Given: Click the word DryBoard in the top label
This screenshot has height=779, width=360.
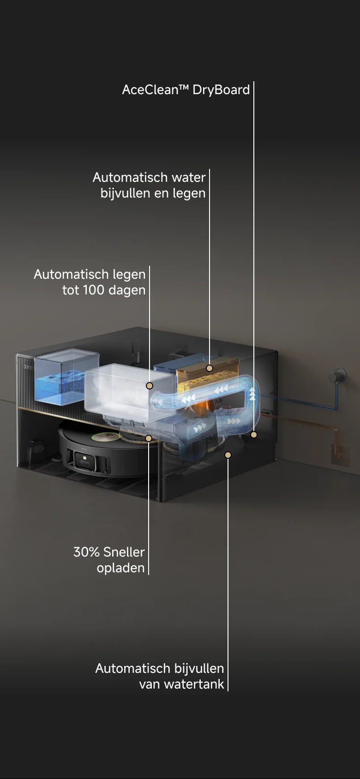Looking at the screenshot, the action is click(221, 90).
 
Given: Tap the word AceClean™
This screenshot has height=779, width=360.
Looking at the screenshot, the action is click(156, 90).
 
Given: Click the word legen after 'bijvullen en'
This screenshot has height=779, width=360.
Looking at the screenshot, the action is click(189, 194).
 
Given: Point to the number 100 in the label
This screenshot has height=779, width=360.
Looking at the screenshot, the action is click(94, 290).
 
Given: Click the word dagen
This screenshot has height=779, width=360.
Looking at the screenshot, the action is click(127, 291).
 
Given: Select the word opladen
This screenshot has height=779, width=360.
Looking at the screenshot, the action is click(121, 569).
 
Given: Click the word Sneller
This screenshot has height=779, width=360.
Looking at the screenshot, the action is click(124, 552).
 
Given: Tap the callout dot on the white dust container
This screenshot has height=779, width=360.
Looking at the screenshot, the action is click(150, 385).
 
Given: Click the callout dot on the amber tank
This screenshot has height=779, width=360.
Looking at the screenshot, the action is click(210, 368).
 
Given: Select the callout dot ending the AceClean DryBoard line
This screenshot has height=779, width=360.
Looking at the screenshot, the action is click(254, 434).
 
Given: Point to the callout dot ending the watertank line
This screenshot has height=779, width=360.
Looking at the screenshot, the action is click(228, 455).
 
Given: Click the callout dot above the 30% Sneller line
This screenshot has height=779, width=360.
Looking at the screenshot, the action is click(149, 438).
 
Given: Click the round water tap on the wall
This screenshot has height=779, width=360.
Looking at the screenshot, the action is click(337, 376).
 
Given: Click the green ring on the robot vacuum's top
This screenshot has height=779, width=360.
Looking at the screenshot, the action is click(106, 436).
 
